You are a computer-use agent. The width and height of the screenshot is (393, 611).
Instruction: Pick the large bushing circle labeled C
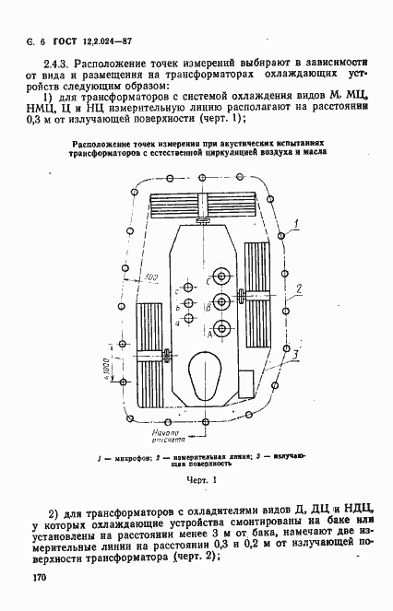[x=222, y=275]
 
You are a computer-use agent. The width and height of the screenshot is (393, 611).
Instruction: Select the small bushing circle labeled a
[x=189, y=318]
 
